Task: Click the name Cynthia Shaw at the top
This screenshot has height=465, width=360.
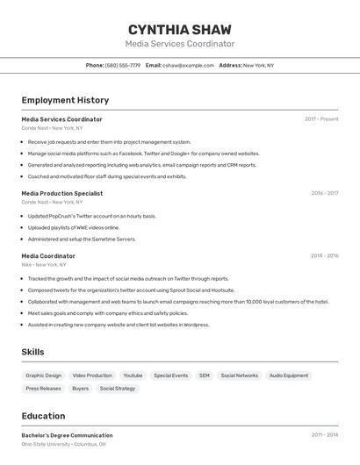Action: [180, 28]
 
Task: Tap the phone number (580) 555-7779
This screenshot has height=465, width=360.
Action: [123, 65]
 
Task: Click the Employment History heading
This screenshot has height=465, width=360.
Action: [65, 100]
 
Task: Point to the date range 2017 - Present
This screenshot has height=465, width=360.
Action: [321, 119]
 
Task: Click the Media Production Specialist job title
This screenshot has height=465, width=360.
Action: [62, 193]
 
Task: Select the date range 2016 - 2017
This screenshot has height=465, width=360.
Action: [324, 193]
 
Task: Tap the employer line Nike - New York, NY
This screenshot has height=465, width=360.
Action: [44, 264]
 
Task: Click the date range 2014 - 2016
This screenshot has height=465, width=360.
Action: [324, 256]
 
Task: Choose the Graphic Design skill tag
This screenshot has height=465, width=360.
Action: [44, 376]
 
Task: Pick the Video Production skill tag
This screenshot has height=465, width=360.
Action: [92, 376]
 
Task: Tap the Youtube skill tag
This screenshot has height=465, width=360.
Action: [133, 376]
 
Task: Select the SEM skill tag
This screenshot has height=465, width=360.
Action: [205, 376]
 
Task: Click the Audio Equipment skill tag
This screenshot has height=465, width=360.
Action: [289, 376]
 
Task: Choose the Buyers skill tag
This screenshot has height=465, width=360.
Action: [81, 388]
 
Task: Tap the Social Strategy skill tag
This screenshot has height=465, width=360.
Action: [118, 388]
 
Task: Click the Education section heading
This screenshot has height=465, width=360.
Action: [43, 416]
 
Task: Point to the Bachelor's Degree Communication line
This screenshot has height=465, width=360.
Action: [67, 435]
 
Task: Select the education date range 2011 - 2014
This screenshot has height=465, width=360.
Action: [324, 435]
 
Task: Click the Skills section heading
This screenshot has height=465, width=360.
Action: [33, 352]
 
